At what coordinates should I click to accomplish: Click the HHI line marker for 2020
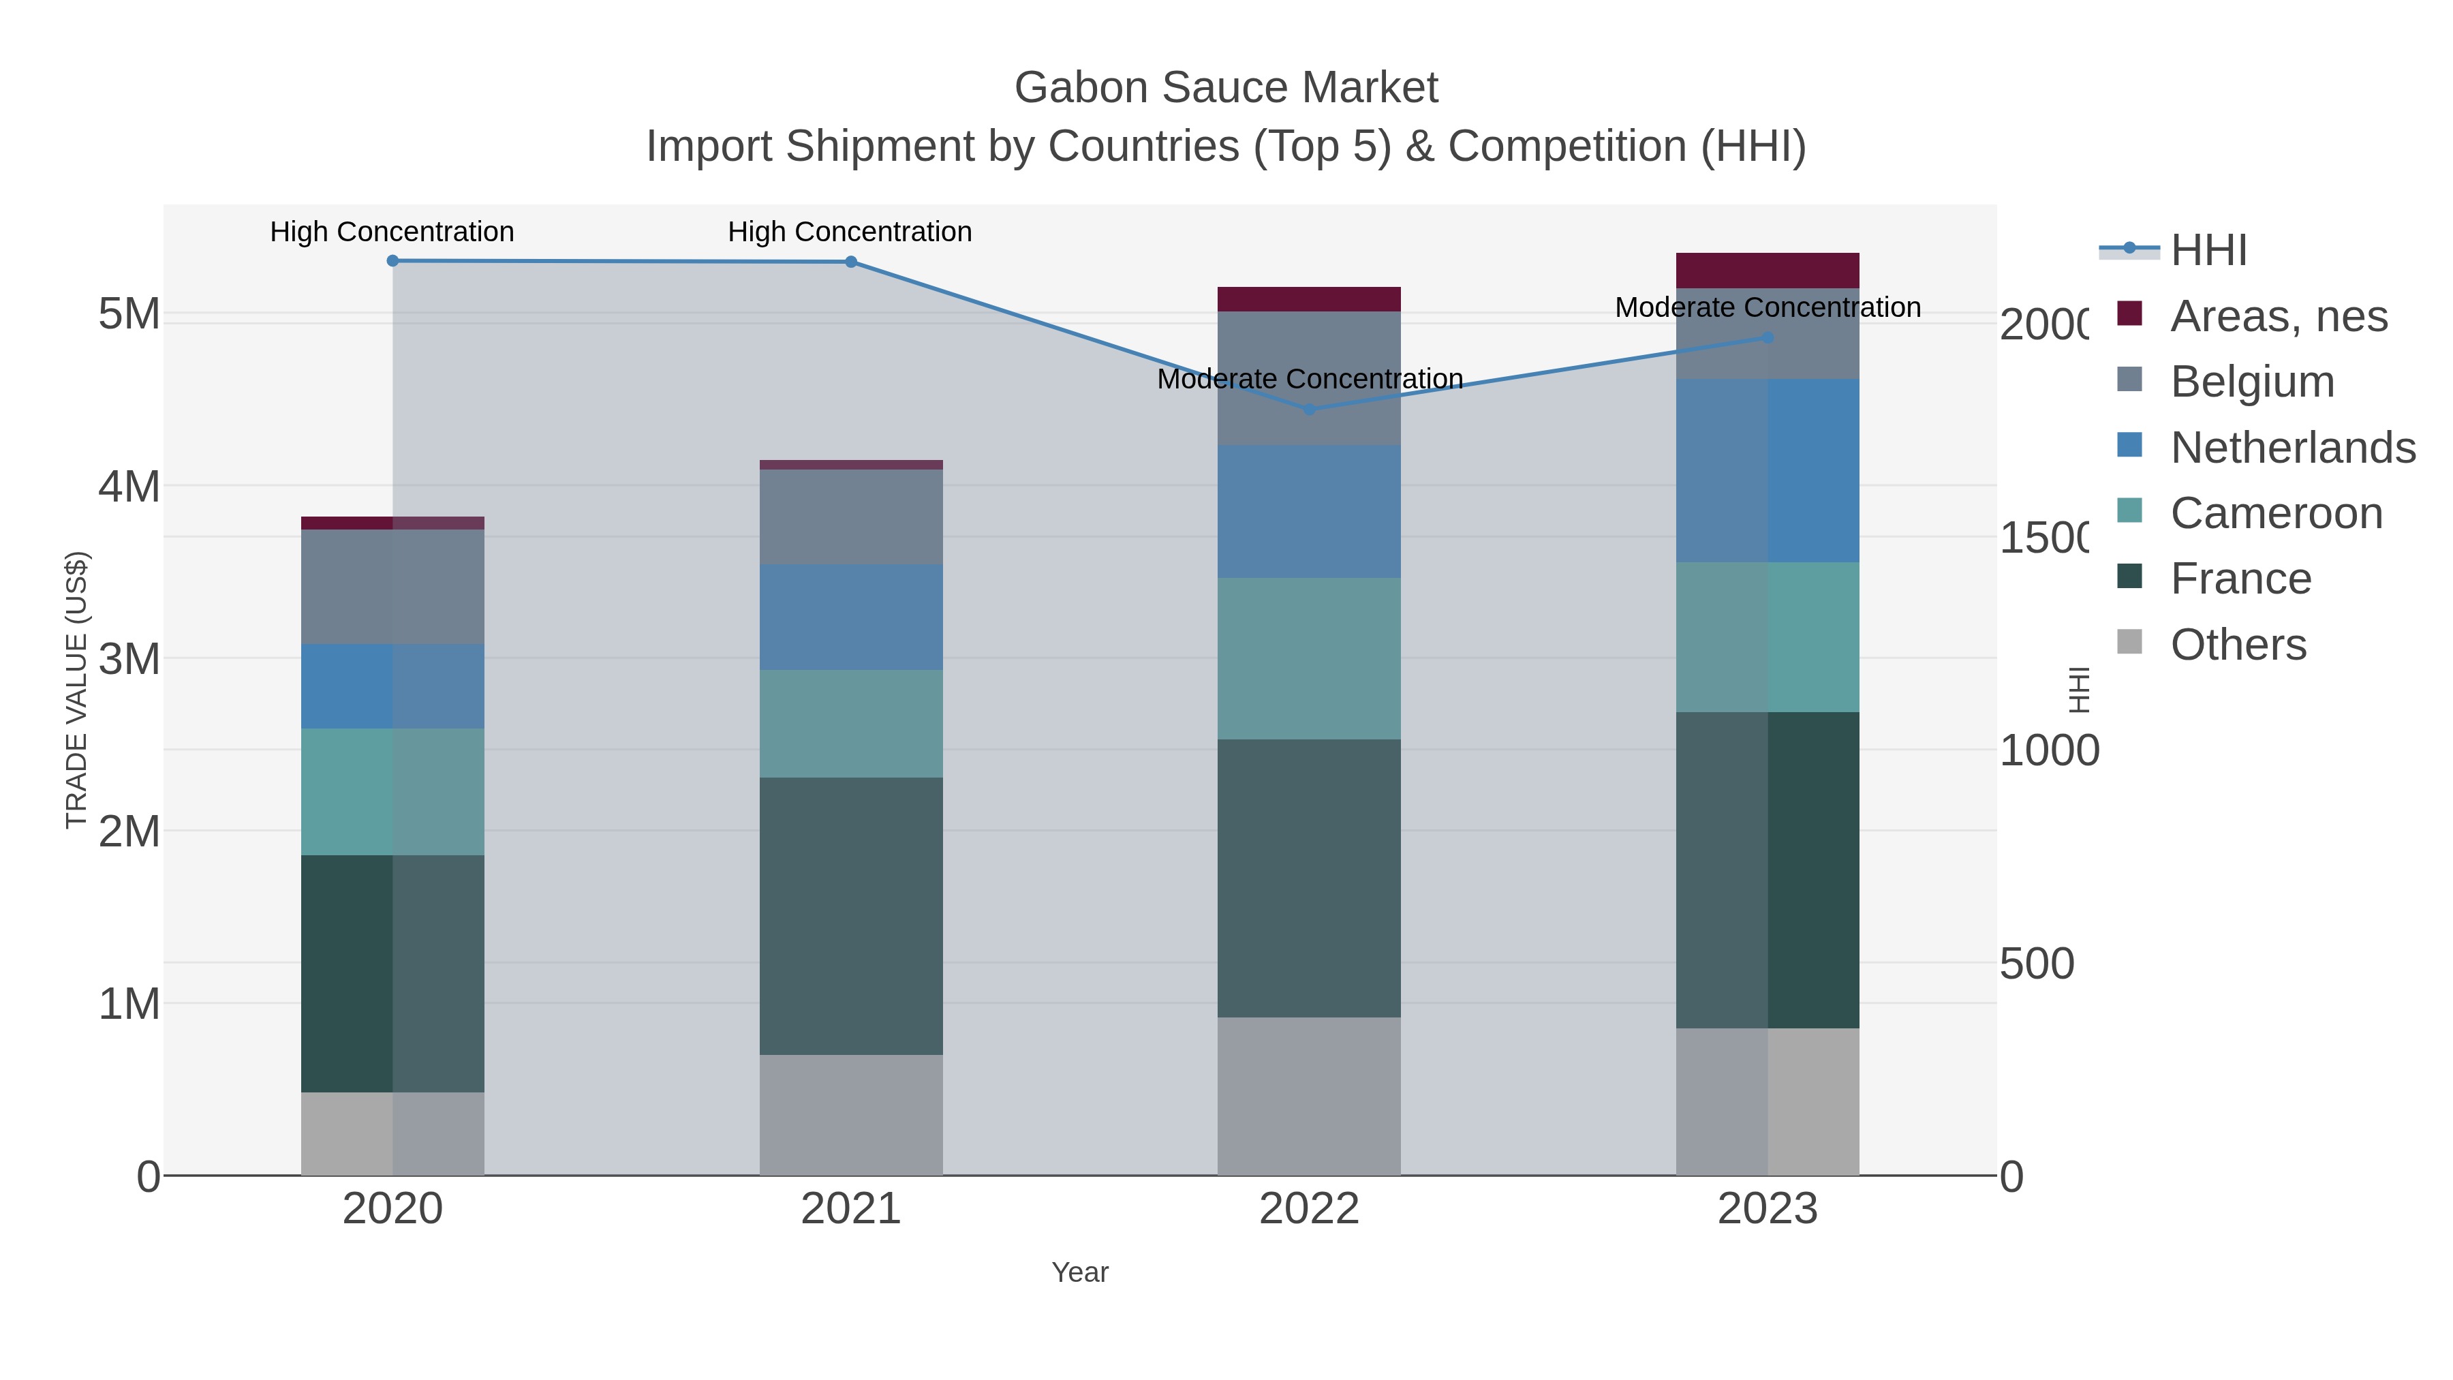pyautogui.click(x=392, y=260)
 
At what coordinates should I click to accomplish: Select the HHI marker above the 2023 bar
pyautogui.click(x=1768, y=337)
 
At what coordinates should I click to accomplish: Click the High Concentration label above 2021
pyautogui.click(x=850, y=232)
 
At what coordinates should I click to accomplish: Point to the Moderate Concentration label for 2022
pyautogui.click(x=1310, y=379)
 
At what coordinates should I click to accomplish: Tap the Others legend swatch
pyautogui.click(x=2129, y=643)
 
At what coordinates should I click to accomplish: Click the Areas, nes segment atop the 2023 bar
pyautogui.click(x=1768, y=271)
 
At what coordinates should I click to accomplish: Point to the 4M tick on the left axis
pyautogui.click(x=129, y=487)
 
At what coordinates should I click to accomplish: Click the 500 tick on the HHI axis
pyautogui.click(x=2036, y=964)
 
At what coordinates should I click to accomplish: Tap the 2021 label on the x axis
pyautogui.click(x=850, y=1210)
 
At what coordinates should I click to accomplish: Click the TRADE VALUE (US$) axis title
pyautogui.click(x=76, y=690)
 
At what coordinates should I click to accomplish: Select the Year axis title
pyautogui.click(x=1080, y=1272)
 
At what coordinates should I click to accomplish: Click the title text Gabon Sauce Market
pyautogui.click(x=1226, y=88)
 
